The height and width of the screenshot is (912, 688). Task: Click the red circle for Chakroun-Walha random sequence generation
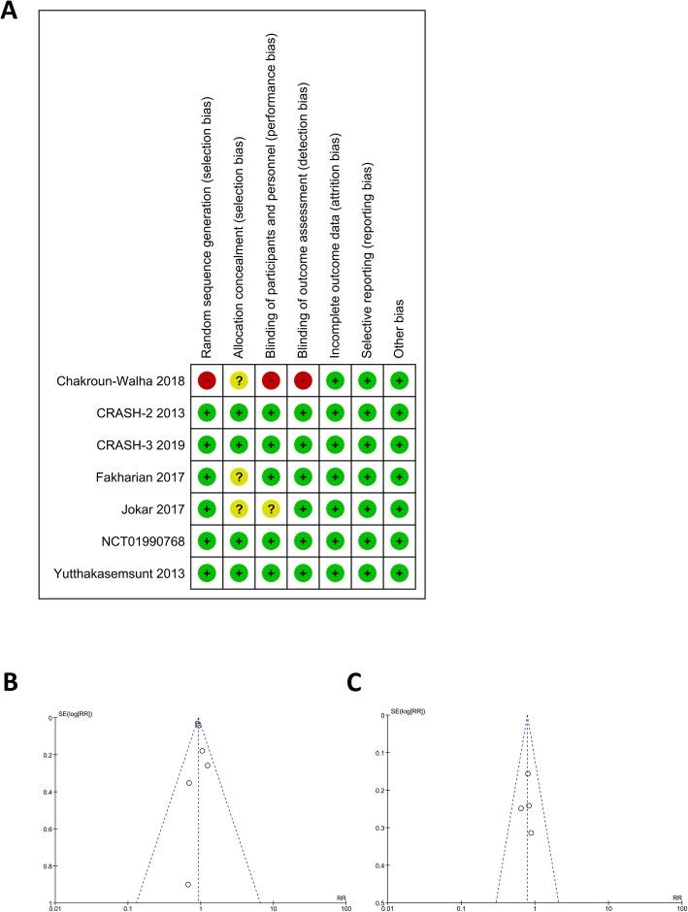coord(206,381)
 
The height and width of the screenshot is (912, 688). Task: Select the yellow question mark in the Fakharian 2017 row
coord(238,477)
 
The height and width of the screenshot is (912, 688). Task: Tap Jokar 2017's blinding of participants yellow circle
coord(270,509)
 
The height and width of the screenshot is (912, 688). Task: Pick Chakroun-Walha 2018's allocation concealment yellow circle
coord(238,381)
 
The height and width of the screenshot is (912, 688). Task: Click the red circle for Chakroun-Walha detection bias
coord(303,381)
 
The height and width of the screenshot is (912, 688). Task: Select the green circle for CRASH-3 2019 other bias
coord(399,445)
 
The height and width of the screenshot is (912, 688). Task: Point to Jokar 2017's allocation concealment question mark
coord(238,509)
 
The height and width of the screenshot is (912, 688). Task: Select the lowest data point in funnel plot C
coord(531,832)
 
